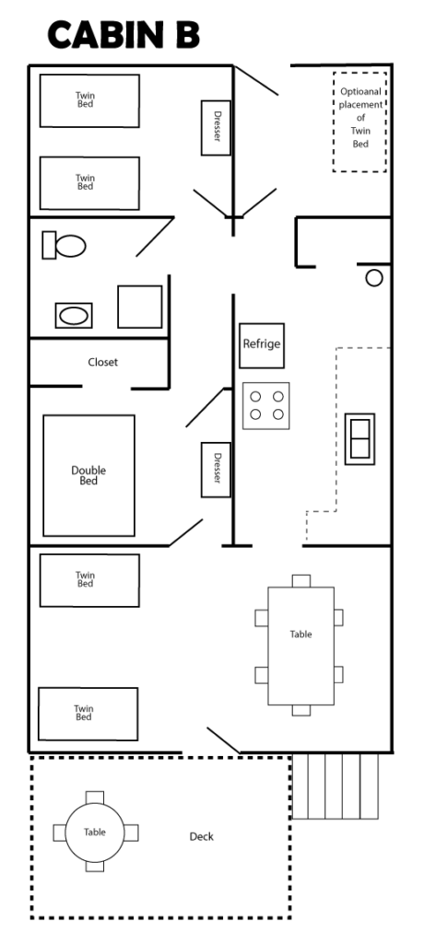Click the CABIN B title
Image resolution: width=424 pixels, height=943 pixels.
point(124,35)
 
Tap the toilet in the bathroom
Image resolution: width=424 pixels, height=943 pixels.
point(64,245)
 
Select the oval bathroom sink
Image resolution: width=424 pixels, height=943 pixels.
point(74,316)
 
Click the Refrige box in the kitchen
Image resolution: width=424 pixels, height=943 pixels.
point(262,346)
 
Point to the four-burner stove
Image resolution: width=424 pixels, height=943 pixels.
point(266,406)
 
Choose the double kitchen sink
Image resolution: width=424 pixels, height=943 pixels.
point(359,439)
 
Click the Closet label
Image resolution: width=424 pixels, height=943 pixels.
point(103,362)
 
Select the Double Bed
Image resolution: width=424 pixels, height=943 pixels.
point(88,475)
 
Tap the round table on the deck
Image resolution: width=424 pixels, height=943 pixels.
point(95,832)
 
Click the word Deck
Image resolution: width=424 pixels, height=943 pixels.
point(202,836)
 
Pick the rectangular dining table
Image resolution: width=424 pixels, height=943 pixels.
point(300,646)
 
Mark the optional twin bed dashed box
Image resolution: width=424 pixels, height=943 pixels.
point(359,122)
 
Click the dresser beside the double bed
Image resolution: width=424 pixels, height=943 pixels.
point(216,470)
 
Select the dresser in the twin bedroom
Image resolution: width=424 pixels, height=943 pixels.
point(216,127)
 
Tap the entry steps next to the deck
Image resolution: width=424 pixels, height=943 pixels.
point(335,786)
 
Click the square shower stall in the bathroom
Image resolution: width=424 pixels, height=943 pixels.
point(140,307)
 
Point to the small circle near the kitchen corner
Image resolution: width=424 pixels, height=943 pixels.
point(374,278)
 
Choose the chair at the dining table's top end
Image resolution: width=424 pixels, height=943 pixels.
point(301,581)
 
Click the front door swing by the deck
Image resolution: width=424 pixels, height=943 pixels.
point(223,740)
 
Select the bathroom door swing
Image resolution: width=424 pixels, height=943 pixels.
point(155,237)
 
